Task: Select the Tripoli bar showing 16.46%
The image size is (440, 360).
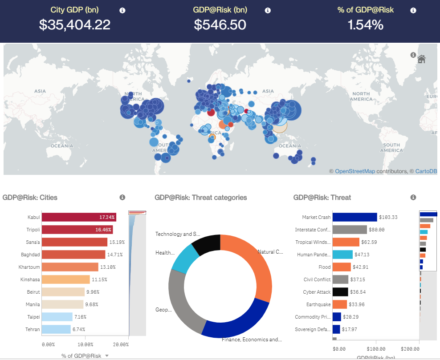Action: pyautogui.click(x=77, y=230)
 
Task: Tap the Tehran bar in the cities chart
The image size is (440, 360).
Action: pyautogui.click(x=57, y=329)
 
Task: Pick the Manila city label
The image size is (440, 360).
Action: pyautogui.click(x=33, y=304)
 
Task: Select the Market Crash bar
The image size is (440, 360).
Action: pyautogui.click(x=354, y=217)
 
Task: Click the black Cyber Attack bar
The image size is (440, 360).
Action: pyautogui.click(x=340, y=292)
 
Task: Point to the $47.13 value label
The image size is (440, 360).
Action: pyautogui.click(x=363, y=255)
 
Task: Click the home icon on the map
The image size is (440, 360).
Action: pyautogui.click(x=421, y=59)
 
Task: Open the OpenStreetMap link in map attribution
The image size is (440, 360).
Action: pyautogui.click(x=354, y=171)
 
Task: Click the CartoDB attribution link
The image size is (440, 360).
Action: pyautogui.click(x=426, y=171)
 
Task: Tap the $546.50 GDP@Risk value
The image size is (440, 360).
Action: pyautogui.click(x=220, y=25)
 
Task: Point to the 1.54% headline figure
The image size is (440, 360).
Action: pyautogui.click(x=365, y=25)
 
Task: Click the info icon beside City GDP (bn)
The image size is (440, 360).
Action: pyautogui.click(x=122, y=10)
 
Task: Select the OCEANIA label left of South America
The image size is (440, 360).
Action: pyautogui.click(x=61, y=146)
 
